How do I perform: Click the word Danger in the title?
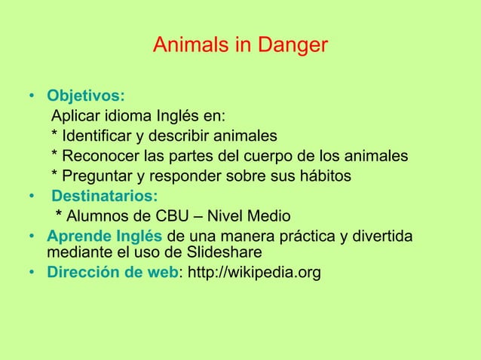(295, 47)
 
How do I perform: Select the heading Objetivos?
(86, 97)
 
